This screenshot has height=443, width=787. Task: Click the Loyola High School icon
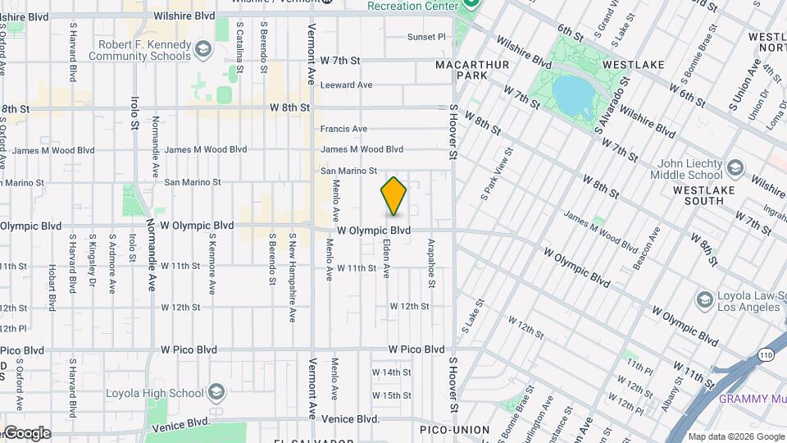pos(216,390)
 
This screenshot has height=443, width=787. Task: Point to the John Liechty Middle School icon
pos(734,168)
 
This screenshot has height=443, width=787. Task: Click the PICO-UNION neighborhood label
pos(454,430)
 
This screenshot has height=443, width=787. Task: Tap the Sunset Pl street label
pos(426,37)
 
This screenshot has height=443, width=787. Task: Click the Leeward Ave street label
pos(346,84)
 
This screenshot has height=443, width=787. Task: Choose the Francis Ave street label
pos(343,129)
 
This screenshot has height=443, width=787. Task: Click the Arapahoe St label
pos(430,263)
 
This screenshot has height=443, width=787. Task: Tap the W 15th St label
pos(391,395)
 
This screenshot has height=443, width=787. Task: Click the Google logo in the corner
pos(27,433)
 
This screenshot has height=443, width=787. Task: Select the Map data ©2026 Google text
pos(735,436)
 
